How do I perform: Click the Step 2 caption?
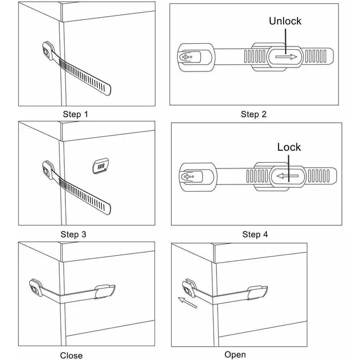pyautogui.click(x=254, y=115)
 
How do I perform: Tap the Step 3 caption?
pyautogui.click(x=73, y=234)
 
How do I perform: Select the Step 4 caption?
pyautogui.click(x=255, y=234)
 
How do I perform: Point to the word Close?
pyautogui.click(x=71, y=356)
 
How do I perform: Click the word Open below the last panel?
pyautogui.click(x=235, y=354)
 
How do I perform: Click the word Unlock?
pyautogui.click(x=285, y=21)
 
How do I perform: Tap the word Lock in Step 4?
pyautogui.click(x=289, y=147)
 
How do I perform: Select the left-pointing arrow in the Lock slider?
pyautogui.click(x=288, y=177)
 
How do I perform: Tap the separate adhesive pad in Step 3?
pyautogui.click(x=101, y=164)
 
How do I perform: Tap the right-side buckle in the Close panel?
pyautogui.click(x=106, y=291)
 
